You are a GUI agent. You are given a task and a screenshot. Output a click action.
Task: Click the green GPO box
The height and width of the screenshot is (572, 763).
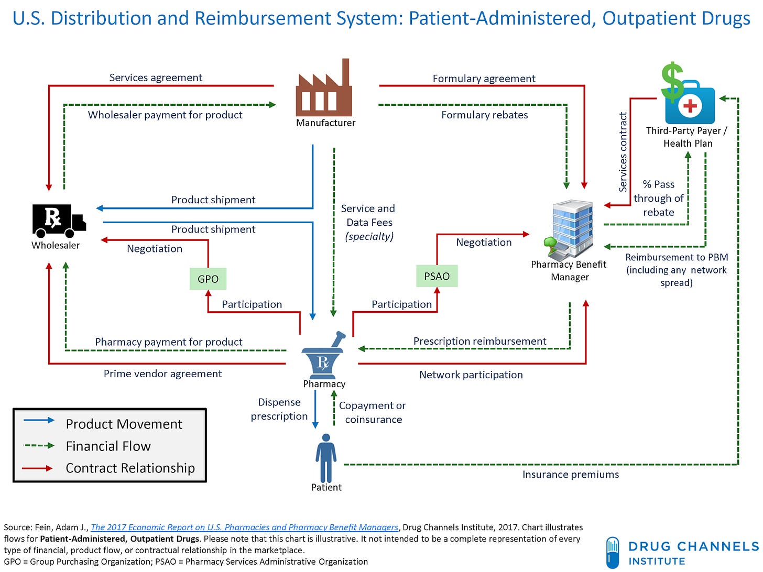[x=208, y=279]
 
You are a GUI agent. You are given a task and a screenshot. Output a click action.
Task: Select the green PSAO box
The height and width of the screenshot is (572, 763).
[x=437, y=276]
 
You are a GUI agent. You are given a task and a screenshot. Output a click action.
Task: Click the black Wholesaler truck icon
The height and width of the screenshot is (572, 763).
[x=58, y=219]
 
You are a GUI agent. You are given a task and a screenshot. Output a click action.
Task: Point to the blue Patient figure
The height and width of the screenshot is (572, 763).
[x=326, y=458]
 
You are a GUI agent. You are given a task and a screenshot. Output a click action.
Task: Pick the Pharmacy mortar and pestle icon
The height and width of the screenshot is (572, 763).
[x=324, y=356]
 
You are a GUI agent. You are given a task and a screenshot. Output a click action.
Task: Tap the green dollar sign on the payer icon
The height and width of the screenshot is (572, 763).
[x=671, y=81]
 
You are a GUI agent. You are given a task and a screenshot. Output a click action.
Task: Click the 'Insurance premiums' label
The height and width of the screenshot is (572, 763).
[x=570, y=475]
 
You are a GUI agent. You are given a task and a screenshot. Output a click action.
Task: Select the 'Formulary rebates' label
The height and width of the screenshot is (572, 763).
[x=484, y=115]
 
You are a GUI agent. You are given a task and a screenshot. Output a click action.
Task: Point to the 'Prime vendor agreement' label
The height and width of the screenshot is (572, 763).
[x=162, y=373]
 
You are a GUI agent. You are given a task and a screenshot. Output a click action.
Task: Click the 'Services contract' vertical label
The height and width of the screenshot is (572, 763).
[x=623, y=152]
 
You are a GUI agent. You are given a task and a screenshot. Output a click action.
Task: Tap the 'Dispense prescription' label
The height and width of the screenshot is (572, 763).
[x=279, y=409]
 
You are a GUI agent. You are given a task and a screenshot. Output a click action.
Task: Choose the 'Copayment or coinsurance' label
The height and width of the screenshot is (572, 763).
[x=373, y=412]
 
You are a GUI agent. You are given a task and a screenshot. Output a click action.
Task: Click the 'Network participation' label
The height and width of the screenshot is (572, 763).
[x=471, y=375]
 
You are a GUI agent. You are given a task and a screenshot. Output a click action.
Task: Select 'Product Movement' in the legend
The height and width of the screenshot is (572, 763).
[x=124, y=424]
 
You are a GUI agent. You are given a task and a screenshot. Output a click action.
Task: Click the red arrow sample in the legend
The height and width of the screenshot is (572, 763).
[x=38, y=468]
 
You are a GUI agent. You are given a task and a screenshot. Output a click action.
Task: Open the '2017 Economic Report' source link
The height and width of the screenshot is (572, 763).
[x=244, y=527]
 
